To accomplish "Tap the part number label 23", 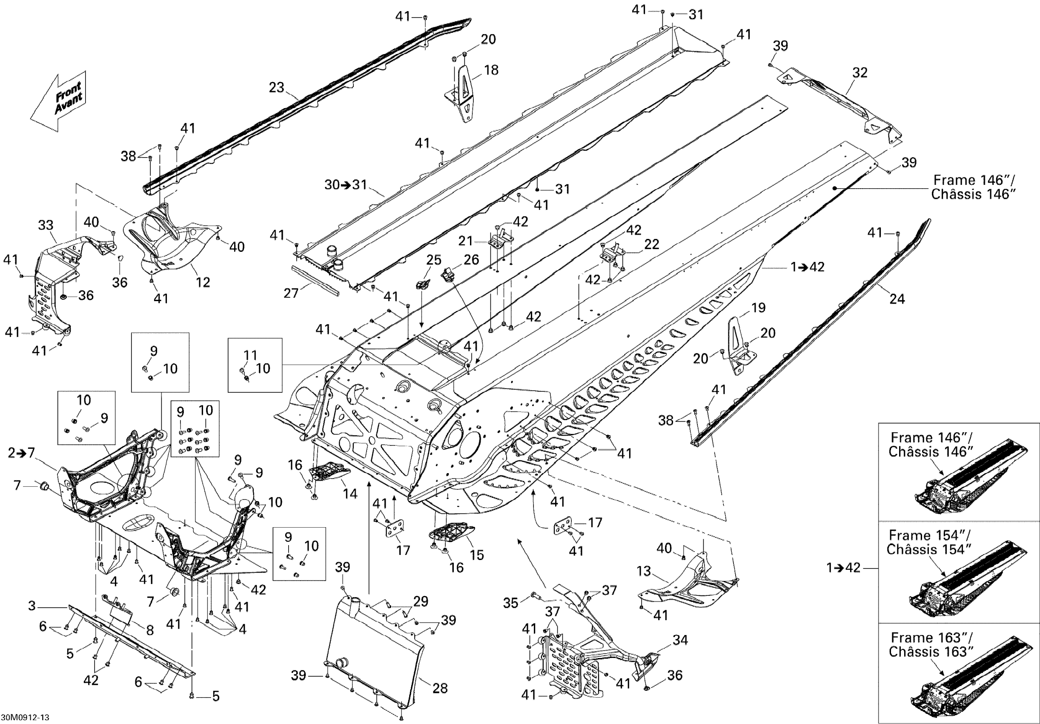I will (276, 87).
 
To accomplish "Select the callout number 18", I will (491, 70).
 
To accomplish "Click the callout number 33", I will (46, 225).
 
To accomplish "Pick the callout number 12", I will (203, 282).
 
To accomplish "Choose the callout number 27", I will (291, 293).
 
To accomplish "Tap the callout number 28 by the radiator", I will (440, 688).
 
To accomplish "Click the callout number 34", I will (680, 640).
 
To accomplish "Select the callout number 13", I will (644, 571).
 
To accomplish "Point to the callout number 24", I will (897, 299).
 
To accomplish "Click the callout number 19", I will (758, 307).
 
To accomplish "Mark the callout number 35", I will (510, 603).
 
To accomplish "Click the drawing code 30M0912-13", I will (26, 717).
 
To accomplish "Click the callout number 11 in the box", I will (250, 355).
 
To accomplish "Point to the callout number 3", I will (32, 606).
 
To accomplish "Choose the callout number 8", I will (149, 630).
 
